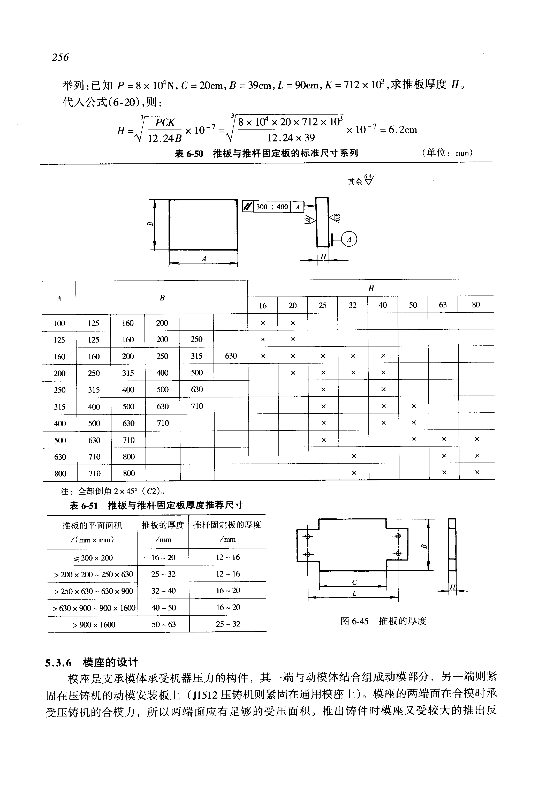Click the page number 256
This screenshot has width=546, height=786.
(x=60, y=57)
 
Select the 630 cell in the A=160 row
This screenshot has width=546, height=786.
(x=231, y=356)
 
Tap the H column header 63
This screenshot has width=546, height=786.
(x=442, y=305)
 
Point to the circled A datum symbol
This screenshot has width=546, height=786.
(x=349, y=239)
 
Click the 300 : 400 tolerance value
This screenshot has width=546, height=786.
(x=272, y=207)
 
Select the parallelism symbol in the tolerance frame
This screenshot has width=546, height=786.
(x=247, y=207)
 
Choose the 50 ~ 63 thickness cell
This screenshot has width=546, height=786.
(x=164, y=624)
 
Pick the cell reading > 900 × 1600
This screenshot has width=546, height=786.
(x=93, y=624)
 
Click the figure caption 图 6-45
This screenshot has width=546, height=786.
(x=354, y=621)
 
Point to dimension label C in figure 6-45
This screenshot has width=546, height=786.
(x=354, y=582)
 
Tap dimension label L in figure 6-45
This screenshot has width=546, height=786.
(x=354, y=593)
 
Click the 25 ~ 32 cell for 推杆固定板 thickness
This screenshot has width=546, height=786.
(x=228, y=624)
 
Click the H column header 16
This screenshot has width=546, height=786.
(x=262, y=306)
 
